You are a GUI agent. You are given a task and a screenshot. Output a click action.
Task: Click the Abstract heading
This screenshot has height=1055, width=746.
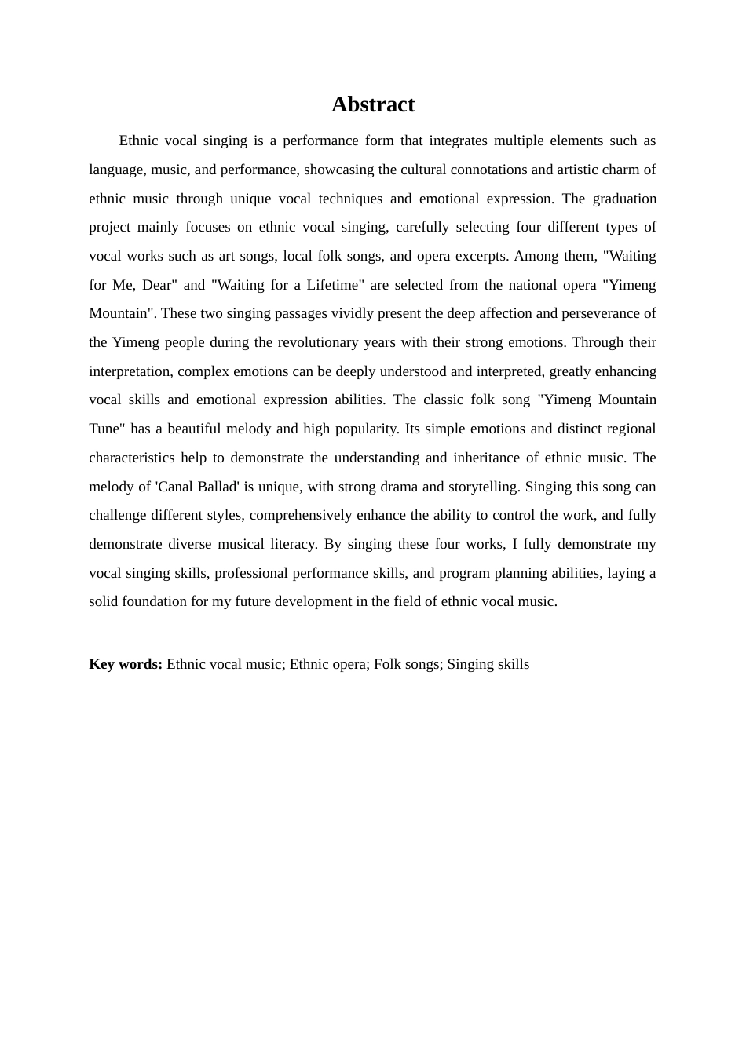pyautogui.click(x=372, y=104)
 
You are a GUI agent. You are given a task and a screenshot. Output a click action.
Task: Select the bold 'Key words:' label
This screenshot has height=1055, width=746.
pyautogui.click(x=126, y=664)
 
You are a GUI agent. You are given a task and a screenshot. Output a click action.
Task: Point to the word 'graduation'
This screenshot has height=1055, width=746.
pyautogui.click(x=624, y=199)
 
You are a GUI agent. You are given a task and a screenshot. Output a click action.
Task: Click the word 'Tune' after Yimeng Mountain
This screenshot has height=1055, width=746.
pyautogui.click(x=104, y=429)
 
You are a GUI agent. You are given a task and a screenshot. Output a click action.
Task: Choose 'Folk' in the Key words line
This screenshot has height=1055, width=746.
pyautogui.click(x=388, y=664)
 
